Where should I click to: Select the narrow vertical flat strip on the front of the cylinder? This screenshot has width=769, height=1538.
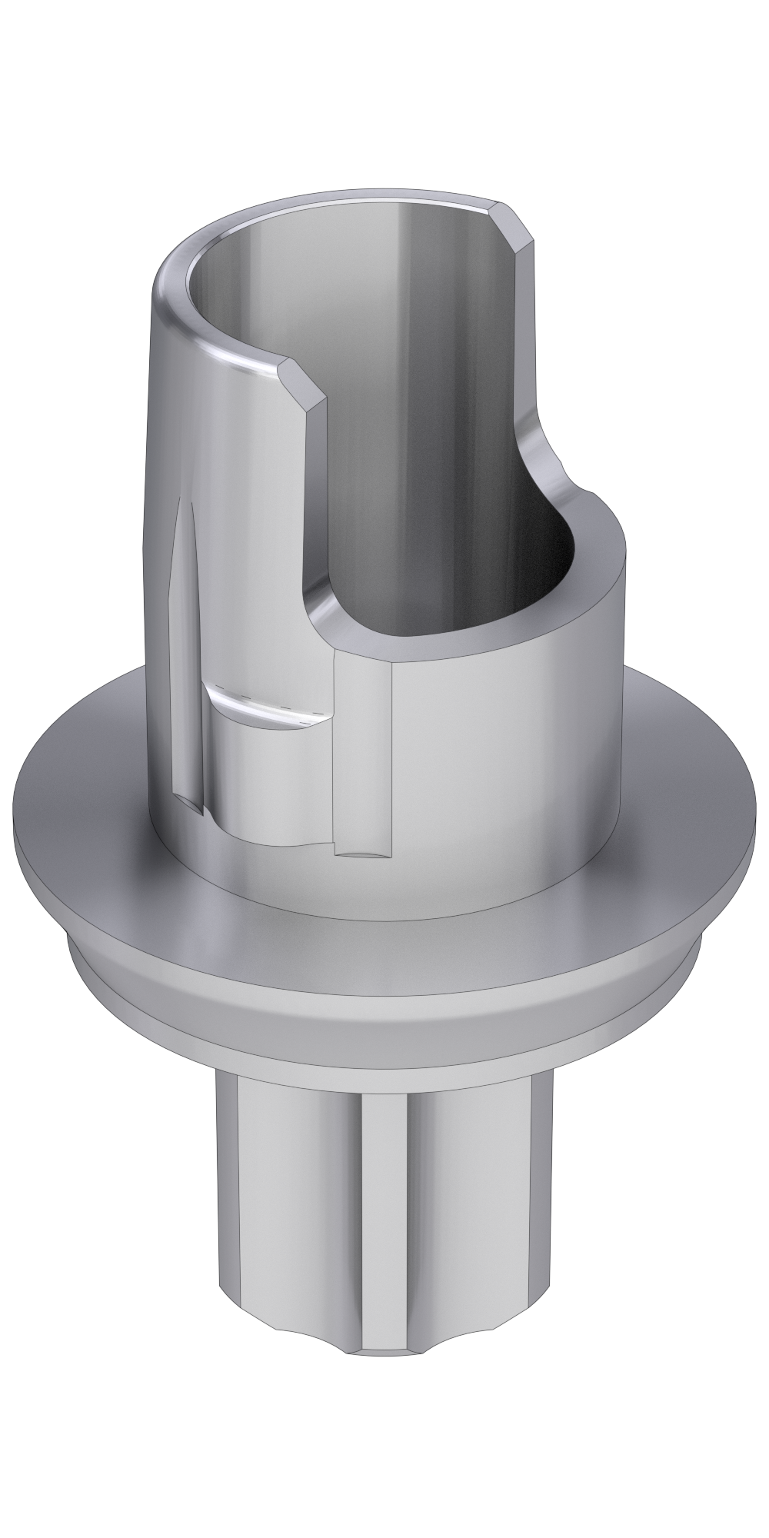tap(365, 738)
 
